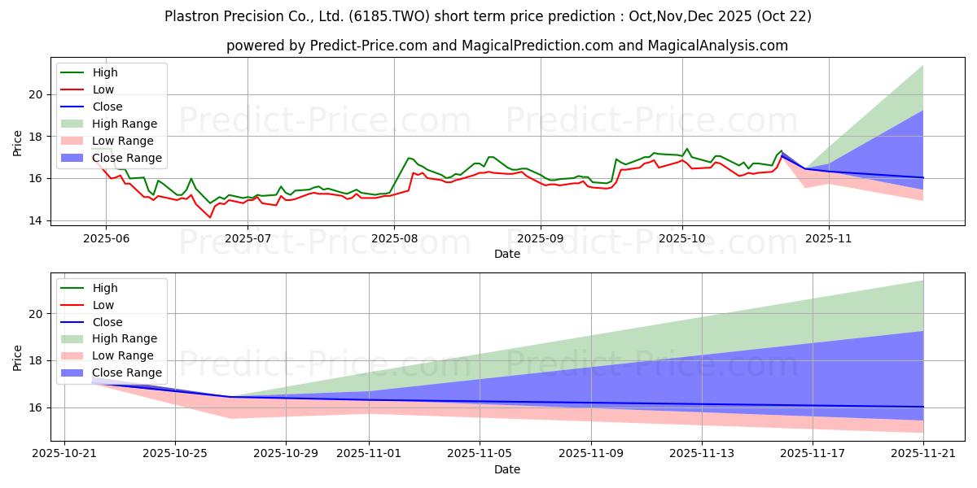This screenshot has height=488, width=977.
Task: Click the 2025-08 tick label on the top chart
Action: point(394,238)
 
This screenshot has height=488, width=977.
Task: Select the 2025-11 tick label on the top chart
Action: point(829,238)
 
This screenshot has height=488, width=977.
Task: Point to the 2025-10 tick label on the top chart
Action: point(682,238)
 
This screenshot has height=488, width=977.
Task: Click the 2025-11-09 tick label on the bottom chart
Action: point(591,453)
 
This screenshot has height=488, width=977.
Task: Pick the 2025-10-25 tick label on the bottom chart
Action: point(175,453)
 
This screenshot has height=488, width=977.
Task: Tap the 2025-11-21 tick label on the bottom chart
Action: point(923,453)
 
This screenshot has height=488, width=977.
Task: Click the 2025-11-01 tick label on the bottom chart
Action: point(369,453)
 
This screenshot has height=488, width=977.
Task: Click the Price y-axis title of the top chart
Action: point(18,143)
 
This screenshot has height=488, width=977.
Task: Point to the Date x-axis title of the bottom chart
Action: point(506,469)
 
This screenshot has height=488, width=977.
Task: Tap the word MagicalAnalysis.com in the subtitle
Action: point(717,46)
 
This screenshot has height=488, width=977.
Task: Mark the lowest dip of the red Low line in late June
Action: point(209,217)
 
